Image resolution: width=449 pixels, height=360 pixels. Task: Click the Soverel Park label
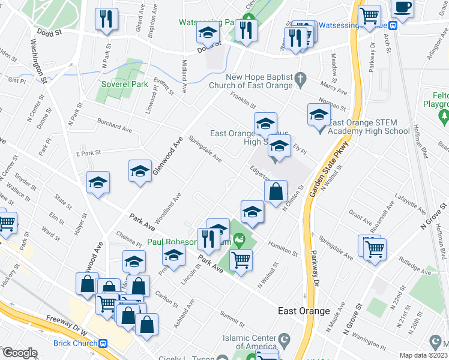point(124,85)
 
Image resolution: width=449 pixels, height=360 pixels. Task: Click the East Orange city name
point(304,311)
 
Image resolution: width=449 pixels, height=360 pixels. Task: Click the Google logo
point(20,352)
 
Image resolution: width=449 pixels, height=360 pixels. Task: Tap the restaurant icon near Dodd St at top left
point(106,19)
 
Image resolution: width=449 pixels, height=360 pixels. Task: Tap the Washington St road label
point(38,60)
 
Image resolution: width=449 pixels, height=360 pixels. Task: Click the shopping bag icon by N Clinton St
point(275,193)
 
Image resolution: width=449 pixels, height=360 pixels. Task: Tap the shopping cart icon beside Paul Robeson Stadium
point(241,260)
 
